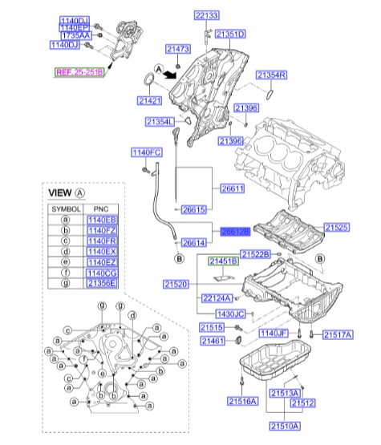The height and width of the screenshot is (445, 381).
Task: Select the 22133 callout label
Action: click(206, 15)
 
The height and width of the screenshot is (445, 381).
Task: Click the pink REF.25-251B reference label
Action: click(79, 72)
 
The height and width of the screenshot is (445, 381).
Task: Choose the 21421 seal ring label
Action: click(149, 101)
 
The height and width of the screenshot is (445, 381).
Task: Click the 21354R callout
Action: click(271, 75)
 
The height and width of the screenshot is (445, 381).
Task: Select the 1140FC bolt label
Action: click(147, 152)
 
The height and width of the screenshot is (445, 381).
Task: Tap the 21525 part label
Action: click(337, 228)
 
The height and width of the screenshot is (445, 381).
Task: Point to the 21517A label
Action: click(336, 334)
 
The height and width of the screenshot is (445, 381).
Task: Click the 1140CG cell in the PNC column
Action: click(101, 273)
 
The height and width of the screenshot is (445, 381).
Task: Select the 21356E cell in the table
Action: click(101, 283)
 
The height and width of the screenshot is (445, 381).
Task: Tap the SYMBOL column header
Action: click(66, 208)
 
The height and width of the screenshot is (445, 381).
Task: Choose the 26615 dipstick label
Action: click(194, 209)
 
